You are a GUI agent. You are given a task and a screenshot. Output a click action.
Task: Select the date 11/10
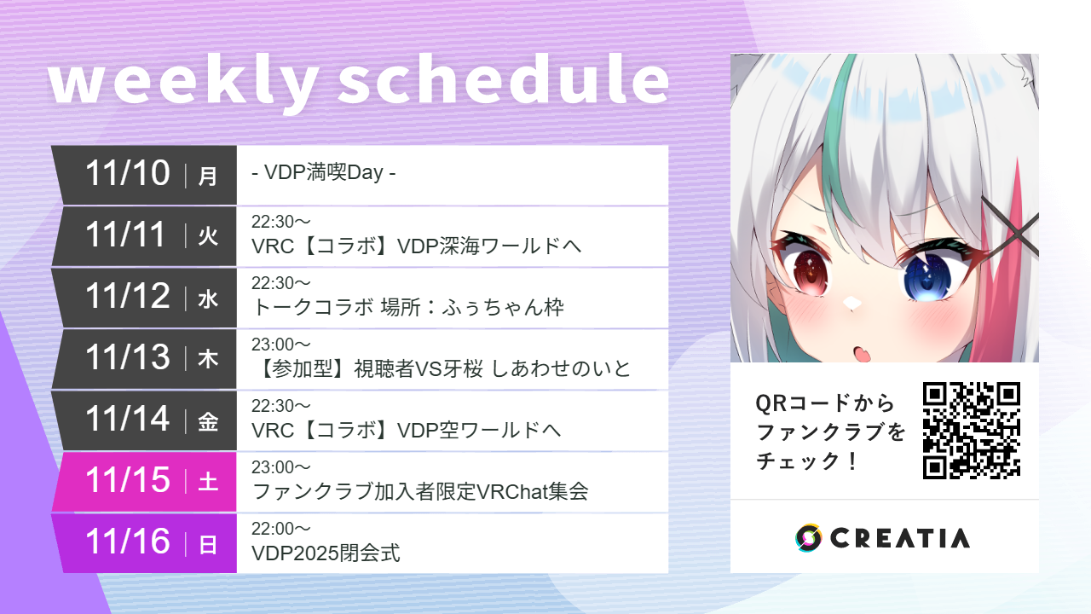(x=128, y=174)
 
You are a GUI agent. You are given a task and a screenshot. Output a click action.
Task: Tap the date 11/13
(x=128, y=358)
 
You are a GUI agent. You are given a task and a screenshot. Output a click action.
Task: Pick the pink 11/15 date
(x=128, y=481)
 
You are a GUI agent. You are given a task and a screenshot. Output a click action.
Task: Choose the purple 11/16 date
(x=128, y=542)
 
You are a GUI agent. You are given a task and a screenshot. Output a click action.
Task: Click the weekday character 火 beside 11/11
(x=208, y=237)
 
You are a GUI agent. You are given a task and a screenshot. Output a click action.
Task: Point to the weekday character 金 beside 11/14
(x=208, y=421)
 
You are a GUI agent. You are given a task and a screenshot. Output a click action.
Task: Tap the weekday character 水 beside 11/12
(x=208, y=298)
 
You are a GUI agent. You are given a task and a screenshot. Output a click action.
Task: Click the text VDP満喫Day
(x=324, y=174)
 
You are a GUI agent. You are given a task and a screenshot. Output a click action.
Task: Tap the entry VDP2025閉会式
(x=326, y=553)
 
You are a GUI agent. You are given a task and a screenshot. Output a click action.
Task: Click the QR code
(x=971, y=430)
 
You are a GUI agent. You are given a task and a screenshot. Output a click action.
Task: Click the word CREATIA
(x=899, y=538)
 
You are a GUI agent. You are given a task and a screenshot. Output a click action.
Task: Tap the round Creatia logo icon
(x=808, y=537)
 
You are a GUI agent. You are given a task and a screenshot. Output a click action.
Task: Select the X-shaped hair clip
(x=1011, y=225)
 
